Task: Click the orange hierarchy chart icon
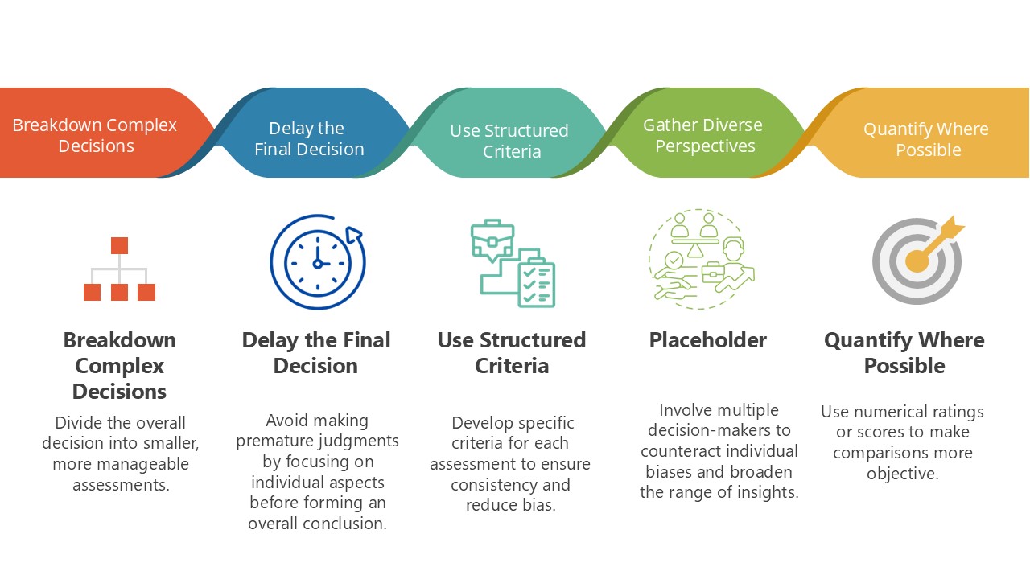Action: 119,269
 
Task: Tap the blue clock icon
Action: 316,262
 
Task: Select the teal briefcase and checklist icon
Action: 513,263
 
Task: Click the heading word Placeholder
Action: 707,340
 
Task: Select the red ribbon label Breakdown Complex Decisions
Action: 95,135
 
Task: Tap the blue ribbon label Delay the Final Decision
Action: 308,139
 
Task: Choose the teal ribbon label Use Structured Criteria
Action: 509,141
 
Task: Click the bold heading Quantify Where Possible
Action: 904,353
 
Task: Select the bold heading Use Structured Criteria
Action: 511,353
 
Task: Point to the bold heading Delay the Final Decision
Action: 316,353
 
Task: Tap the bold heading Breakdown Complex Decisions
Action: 119,366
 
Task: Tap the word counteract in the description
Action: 684,451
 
